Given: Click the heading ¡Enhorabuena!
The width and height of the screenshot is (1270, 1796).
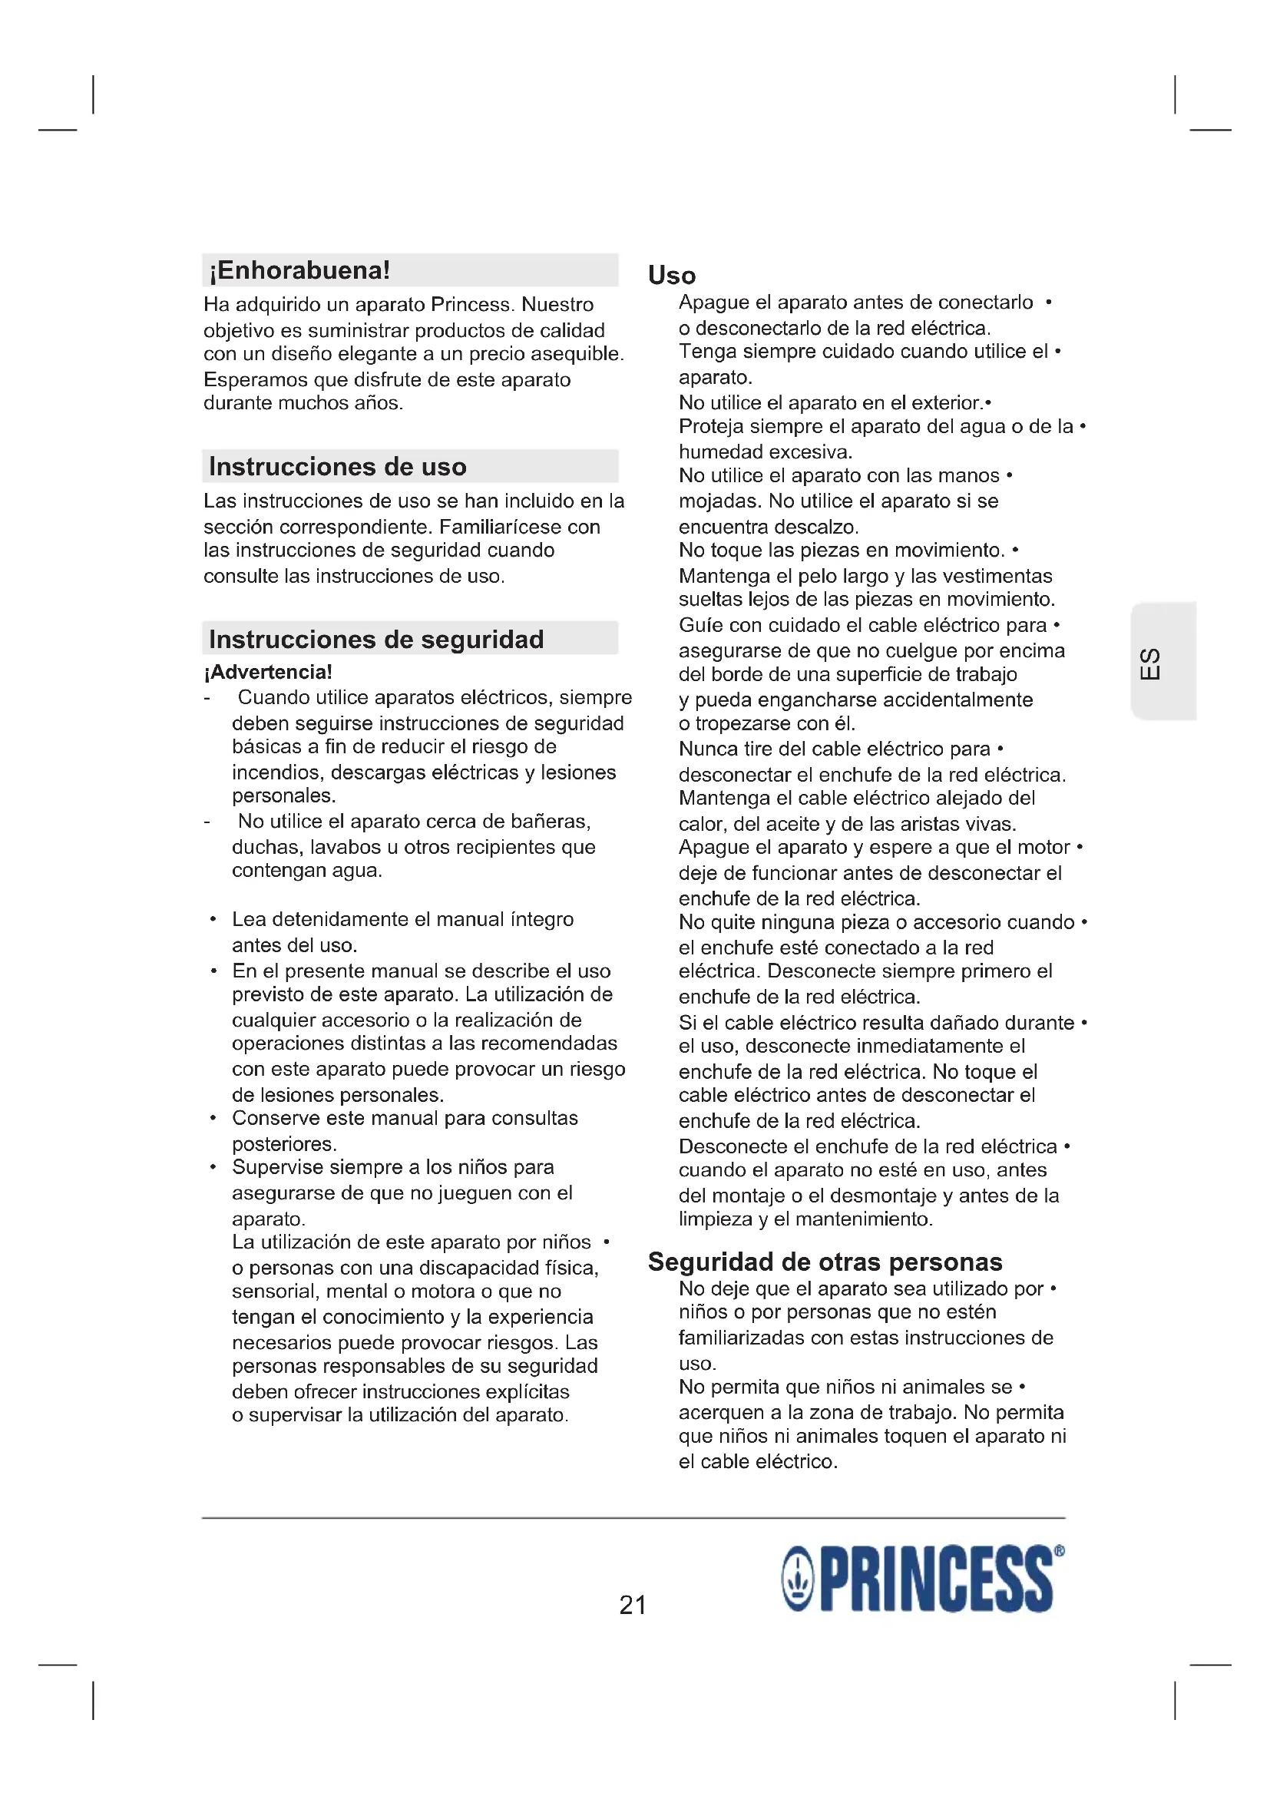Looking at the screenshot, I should pyautogui.click(x=299, y=270).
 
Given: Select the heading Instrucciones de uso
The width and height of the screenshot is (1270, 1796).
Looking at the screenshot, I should pyautogui.click(x=337, y=467).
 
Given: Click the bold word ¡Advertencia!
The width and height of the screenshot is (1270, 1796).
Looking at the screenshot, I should pyautogui.click(x=267, y=672).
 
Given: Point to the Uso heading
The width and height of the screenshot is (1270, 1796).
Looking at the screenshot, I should pyautogui.click(x=672, y=276).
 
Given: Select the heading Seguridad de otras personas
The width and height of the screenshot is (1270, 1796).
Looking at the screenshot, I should pyautogui.click(x=825, y=1262).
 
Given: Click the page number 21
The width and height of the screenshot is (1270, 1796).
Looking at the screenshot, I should pyautogui.click(x=633, y=1605).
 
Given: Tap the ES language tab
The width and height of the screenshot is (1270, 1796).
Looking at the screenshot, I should pyautogui.click(x=1150, y=664).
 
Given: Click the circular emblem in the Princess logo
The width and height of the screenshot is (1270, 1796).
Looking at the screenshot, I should pyautogui.click(x=799, y=1579).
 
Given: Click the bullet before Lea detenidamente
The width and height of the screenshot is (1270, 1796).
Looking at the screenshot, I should pyautogui.click(x=213, y=919).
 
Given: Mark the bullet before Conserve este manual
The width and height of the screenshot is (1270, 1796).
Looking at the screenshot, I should pyautogui.click(x=213, y=1118).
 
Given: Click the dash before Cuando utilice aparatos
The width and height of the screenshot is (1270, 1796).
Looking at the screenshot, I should pyautogui.click(x=207, y=698).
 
